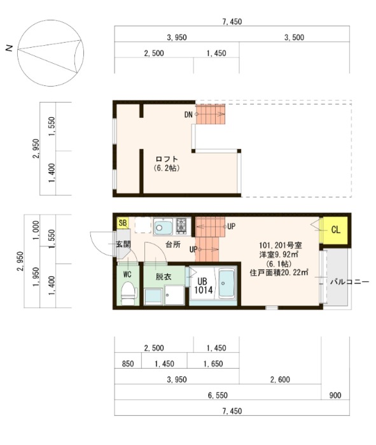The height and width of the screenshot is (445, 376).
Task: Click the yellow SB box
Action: pos(122,223)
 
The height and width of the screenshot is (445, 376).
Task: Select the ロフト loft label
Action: pos(166,159)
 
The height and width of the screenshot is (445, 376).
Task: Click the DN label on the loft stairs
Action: pos(188,115)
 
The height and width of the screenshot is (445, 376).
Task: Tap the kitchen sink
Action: pos(164,226)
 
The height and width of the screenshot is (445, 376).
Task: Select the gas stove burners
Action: pos(181,225)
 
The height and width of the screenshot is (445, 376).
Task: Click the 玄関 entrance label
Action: pos(122,244)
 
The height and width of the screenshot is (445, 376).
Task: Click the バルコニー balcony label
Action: pos(349,281)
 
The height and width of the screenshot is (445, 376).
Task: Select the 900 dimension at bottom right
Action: pos(335,396)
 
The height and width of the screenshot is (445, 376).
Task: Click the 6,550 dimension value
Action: pos(217,396)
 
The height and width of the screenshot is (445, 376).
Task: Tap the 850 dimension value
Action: pos(127,364)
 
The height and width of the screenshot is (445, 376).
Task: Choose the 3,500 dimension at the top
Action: pos(294,38)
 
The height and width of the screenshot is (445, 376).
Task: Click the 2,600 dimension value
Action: pos(280,380)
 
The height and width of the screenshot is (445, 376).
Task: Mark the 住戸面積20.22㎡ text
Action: pos(279,272)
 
